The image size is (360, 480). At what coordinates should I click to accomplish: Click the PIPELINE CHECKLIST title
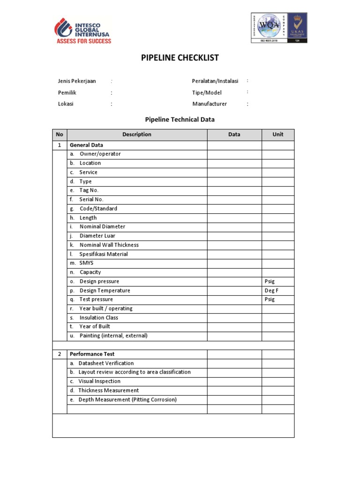coord(180,58)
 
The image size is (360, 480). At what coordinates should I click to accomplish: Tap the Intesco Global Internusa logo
coord(83,30)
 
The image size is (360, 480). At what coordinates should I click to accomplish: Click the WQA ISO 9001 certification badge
coord(279,28)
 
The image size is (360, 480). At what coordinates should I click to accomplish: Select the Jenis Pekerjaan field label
coord(77,81)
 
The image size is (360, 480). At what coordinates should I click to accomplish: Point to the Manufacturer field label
coord(210,104)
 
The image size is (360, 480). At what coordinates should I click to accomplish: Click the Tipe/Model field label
coord(207,93)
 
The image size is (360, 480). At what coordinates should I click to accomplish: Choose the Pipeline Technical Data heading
coord(180,120)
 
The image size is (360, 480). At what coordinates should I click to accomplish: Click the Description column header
coord(137,135)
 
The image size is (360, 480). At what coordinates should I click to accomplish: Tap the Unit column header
coord(278,135)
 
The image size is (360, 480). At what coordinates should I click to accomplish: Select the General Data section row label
coord(87,145)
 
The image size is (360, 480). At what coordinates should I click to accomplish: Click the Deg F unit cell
coord(272,291)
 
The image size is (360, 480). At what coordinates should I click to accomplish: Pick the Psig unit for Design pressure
coord(270,282)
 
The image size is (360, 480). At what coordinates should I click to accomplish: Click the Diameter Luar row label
coord(97,236)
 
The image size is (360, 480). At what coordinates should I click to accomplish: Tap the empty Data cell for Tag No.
coord(234,190)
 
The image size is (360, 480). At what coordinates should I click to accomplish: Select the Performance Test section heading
coord(92,354)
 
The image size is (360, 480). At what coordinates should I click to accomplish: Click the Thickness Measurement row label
coord(108,390)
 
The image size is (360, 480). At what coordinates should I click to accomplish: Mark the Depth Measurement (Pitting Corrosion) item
coord(127,400)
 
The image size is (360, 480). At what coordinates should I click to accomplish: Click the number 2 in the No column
coord(60,354)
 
